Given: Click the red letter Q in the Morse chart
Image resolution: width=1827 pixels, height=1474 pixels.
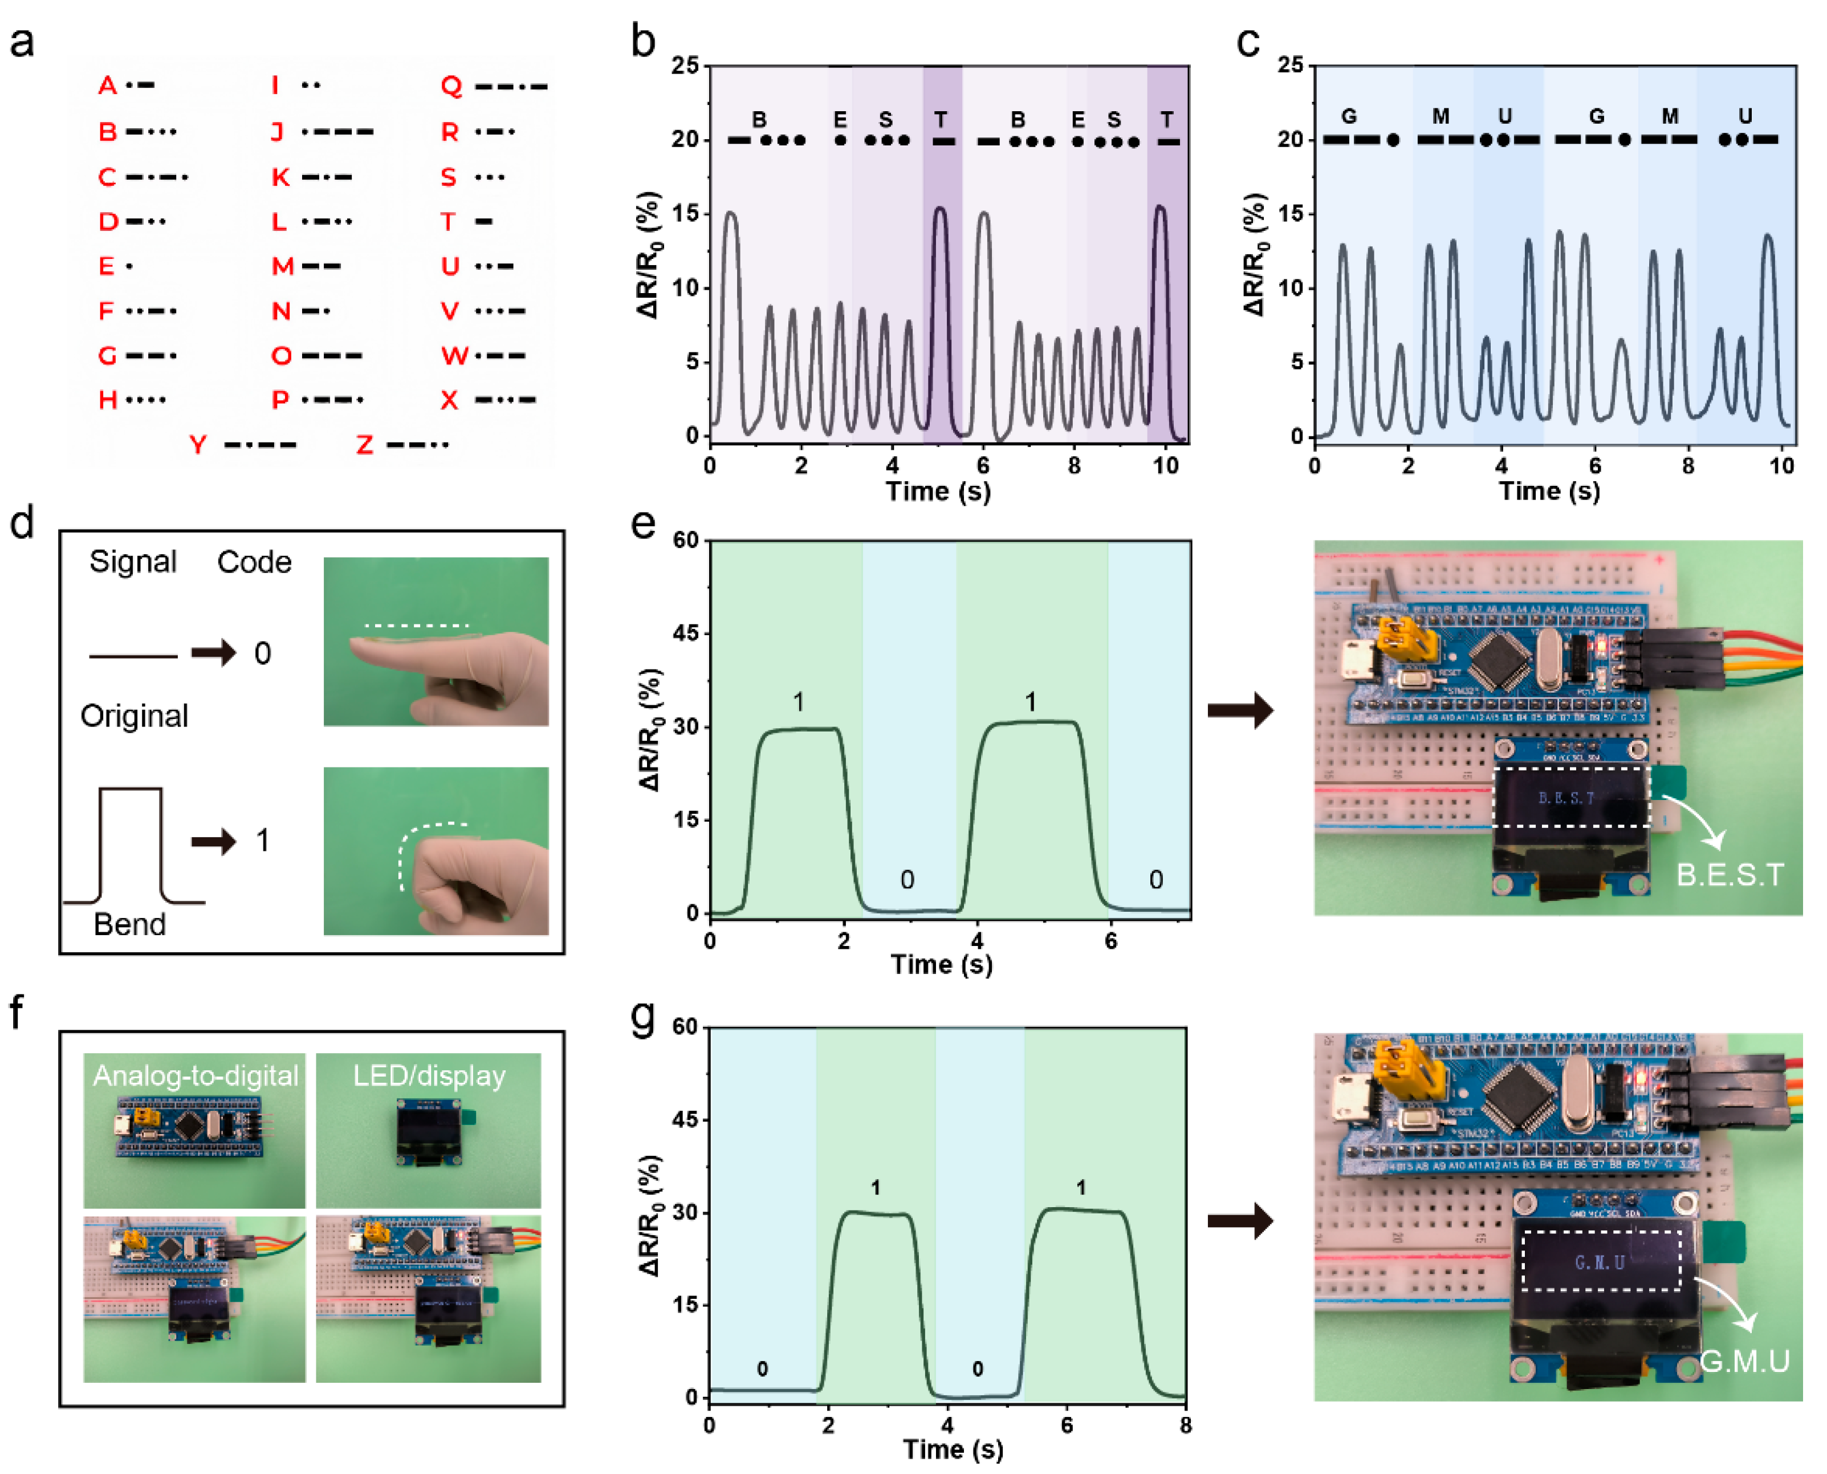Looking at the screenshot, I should [451, 86].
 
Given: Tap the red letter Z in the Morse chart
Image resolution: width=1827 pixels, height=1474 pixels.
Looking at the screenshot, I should [364, 445].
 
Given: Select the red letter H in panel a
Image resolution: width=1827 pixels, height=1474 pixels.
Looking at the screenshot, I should [108, 400].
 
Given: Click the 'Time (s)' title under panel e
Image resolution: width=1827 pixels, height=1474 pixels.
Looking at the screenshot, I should [942, 965].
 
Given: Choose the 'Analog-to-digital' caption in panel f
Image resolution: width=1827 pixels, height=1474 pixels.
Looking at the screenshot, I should [196, 1076].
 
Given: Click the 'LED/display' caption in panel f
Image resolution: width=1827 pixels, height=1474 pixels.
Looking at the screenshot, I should [429, 1076].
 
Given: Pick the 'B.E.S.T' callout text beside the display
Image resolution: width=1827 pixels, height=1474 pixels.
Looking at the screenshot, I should [1730, 875].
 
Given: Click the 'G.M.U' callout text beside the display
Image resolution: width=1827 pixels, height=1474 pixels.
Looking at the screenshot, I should [1745, 1362].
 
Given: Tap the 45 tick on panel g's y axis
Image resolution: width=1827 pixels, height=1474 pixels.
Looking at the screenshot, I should [683, 1120].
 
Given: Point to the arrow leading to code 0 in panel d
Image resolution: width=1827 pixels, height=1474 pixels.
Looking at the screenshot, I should [213, 653].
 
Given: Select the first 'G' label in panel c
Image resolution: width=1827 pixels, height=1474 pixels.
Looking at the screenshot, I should [1348, 116].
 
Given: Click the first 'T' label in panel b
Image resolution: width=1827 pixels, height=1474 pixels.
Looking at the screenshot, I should [941, 120].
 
